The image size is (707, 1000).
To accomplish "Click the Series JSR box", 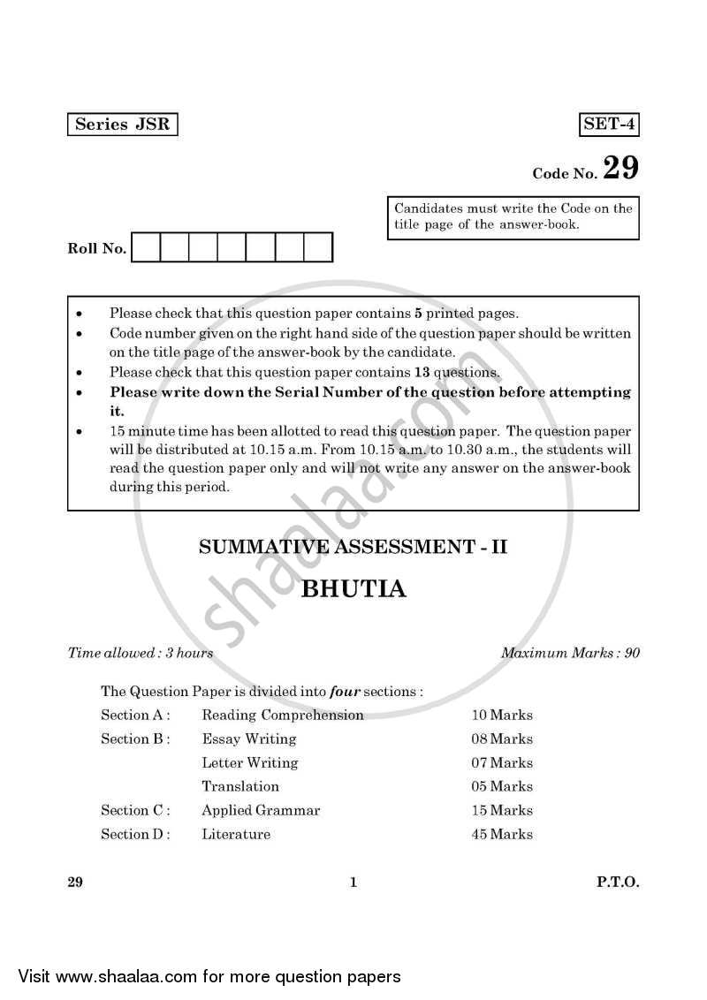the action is click(122, 125).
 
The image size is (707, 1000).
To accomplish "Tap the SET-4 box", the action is click(609, 125).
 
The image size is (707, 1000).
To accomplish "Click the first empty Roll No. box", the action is click(147, 247).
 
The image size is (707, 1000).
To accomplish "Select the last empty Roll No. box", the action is click(318, 247).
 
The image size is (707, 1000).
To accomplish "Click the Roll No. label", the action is click(97, 249).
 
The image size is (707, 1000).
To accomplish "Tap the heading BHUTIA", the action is click(353, 589).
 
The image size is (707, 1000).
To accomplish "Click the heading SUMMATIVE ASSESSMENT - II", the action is click(353, 547).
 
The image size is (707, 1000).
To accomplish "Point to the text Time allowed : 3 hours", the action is click(141, 654).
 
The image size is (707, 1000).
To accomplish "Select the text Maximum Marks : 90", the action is click(570, 654).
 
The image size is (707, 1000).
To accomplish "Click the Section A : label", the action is click(135, 715).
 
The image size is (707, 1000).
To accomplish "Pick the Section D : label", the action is click(135, 834).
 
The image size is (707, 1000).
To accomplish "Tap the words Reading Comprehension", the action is click(282, 715).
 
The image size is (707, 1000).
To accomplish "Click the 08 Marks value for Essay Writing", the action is click(502, 739).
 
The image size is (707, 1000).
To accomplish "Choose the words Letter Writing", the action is click(249, 762).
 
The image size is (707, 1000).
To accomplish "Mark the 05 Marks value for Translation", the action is click(502, 786).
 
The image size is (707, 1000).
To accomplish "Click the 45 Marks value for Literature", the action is click(502, 834).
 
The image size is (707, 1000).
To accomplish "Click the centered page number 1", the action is click(353, 882).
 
